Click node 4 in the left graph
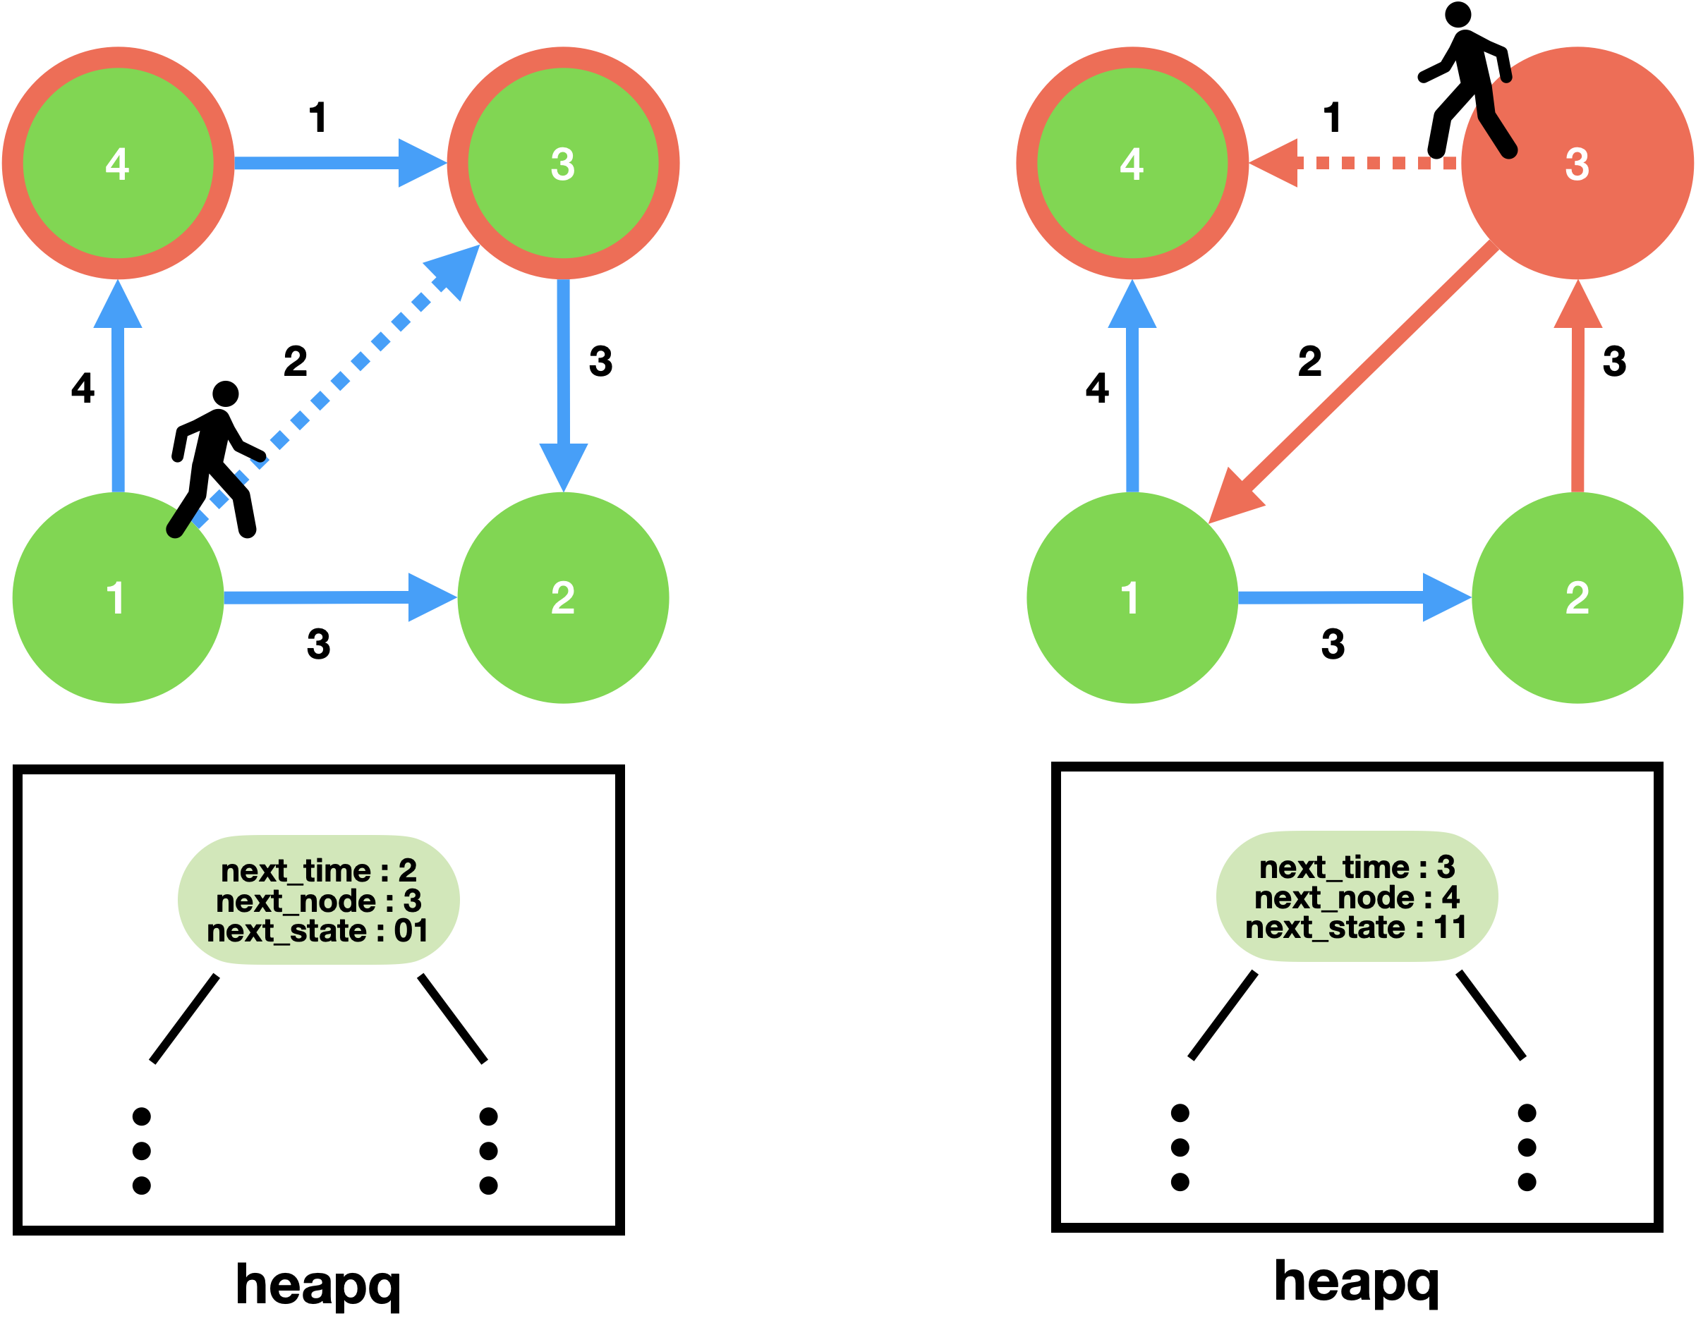[x=118, y=163]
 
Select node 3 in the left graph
[x=563, y=163]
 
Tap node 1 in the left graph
[x=118, y=598]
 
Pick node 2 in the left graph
[x=563, y=598]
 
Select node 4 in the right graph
[x=1132, y=163]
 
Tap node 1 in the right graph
[x=1132, y=598]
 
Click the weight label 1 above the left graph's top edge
[x=317, y=118]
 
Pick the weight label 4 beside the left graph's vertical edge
[x=83, y=387]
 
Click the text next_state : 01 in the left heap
[x=317, y=931]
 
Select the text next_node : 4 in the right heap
[x=1357, y=898]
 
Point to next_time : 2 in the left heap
[x=318, y=870]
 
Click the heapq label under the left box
[x=317, y=1285]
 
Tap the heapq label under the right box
[x=1357, y=1282]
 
